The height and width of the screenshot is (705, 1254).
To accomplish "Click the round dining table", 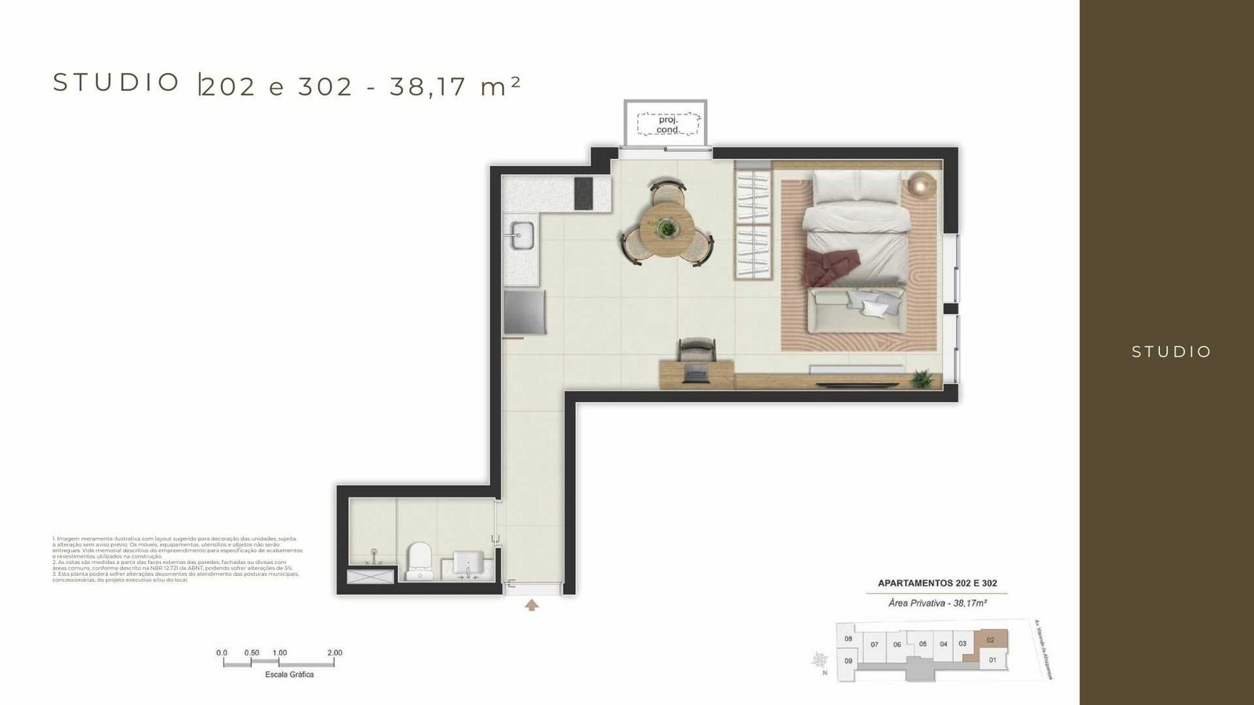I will (666, 230).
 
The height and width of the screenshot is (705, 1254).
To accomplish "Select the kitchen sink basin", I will (523, 234).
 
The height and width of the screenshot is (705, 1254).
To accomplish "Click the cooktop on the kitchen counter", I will (583, 193).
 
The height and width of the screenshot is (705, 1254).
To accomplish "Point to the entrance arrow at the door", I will (532, 605).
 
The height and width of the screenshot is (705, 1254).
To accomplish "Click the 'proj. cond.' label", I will (668, 125).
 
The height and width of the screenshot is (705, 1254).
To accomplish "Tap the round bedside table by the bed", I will (922, 186).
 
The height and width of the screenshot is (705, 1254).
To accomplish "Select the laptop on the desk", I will (695, 374).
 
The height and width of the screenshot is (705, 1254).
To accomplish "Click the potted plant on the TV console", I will (923, 380).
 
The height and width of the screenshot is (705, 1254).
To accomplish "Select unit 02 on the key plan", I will (991, 640).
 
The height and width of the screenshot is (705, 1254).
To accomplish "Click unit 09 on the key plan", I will (848, 660).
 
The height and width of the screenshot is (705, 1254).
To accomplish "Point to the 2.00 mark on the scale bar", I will (335, 653).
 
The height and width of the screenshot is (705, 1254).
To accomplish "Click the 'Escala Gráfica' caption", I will (289, 674).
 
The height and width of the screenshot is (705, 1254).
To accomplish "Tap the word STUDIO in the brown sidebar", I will (1171, 352).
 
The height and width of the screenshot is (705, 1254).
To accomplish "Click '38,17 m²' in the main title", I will (455, 85).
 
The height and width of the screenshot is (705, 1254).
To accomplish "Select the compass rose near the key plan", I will (821, 660).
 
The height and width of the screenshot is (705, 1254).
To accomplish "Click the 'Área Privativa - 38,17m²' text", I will (937, 603).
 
